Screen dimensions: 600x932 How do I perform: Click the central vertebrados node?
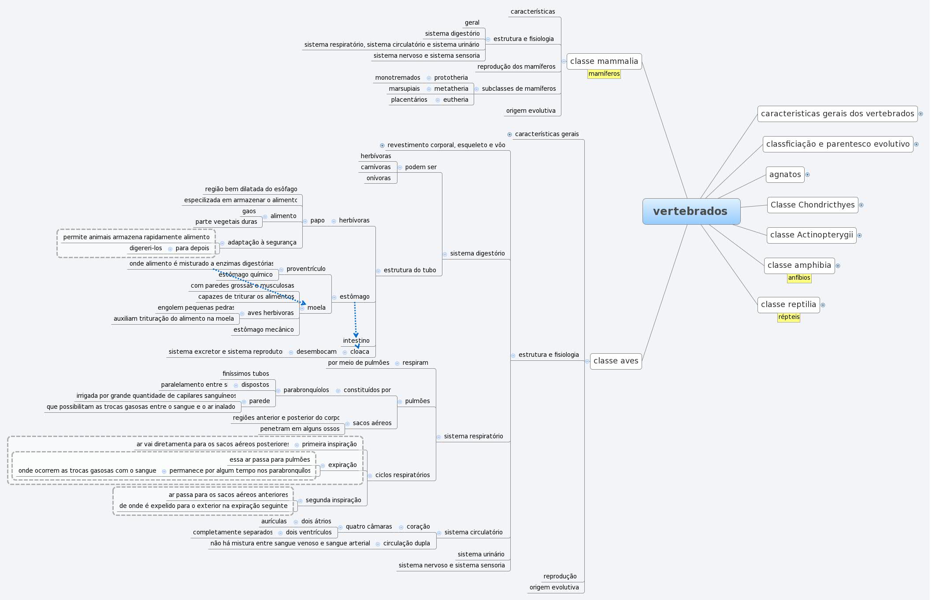691,211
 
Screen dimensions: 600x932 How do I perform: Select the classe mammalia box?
604,61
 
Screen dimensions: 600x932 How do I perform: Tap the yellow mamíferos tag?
604,74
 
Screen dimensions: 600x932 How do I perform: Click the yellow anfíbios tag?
799,278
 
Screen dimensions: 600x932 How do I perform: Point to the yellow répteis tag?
788,317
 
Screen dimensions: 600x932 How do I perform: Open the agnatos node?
785,174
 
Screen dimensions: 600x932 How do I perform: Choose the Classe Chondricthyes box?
812,205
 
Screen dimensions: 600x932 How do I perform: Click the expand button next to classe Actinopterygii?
859,235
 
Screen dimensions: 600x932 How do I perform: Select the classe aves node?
616,361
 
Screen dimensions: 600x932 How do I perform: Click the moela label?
316,307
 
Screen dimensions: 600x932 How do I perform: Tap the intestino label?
356,341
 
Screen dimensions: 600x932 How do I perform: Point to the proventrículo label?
306,269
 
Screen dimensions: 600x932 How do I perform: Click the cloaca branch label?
360,352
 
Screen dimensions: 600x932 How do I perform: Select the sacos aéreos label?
372,423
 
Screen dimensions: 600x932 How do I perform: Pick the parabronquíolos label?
306,390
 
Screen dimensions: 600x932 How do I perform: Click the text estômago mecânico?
264,330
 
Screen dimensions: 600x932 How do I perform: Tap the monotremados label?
397,78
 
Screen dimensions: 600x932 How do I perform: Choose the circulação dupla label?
406,543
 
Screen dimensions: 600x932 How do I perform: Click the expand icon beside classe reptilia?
823,305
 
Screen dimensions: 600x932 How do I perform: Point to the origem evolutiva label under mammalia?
531,111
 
